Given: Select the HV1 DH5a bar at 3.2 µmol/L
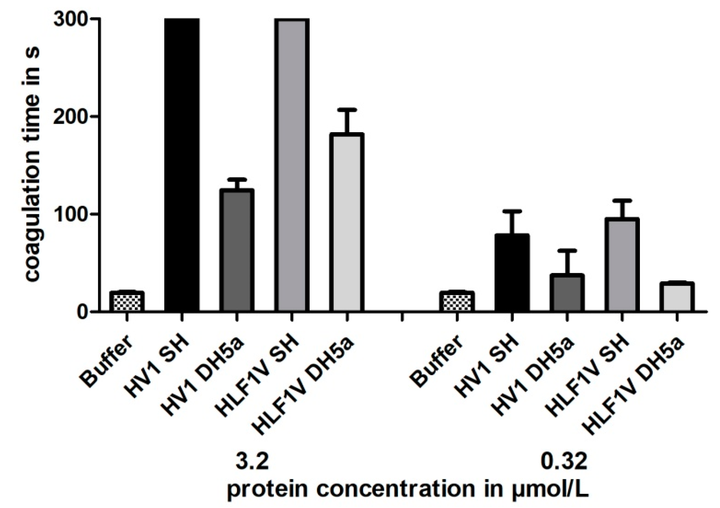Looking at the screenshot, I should pyautogui.click(x=237, y=250).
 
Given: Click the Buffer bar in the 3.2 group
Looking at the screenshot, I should pyautogui.click(x=127, y=301).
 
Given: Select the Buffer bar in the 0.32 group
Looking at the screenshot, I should pyautogui.click(x=457, y=301).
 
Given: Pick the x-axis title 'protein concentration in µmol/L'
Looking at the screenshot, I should pyautogui.click(x=407, y=489).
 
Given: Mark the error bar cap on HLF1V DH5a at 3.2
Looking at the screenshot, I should pyautogui.click(x=346, y=110).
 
